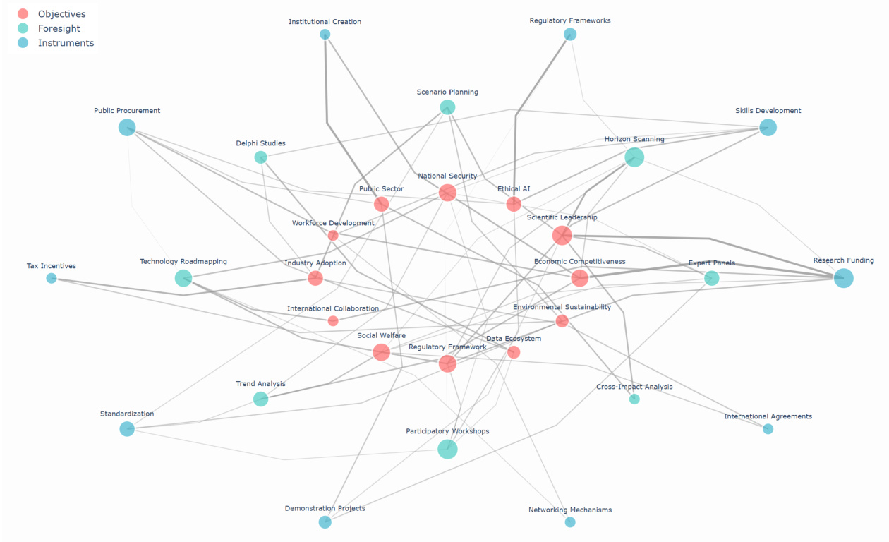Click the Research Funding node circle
(x=843, y=278)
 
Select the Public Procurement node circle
(x=127, y=128)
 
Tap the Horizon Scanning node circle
(x=634, y=157)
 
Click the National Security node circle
(x=447, y=193)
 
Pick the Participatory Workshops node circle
(x=447, y=449)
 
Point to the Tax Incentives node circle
(x=52, y=278)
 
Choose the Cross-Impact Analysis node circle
(x=634, y=399)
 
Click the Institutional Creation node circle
(x=325, y=35)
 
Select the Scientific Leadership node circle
(x=562, y=235)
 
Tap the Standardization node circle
(x=127, y=429)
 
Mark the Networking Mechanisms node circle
(x=570, y=522)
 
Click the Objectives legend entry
(x=61, y=14)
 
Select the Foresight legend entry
(x=59, y=28)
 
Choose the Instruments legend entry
(x=66, y=43)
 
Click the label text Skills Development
(x=768, y=111)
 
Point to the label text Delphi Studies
(x=260, y=143)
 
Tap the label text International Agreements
(x=768, y=416)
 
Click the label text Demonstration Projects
(x=325, y=508)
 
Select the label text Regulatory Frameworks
(x=570, y=21)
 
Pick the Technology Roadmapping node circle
(x=183, y=278)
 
